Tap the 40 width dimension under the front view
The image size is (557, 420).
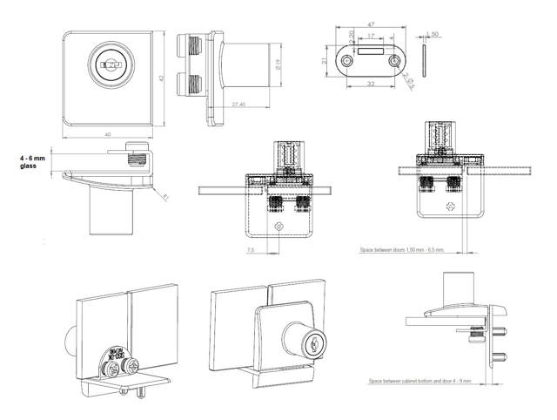click(x=107, y=135)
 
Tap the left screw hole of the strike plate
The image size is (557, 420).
click(x=348, y=60)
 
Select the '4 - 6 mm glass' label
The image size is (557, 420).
click(x=33, y=163)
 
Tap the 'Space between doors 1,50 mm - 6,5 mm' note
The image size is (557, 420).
click(x=403, y=248)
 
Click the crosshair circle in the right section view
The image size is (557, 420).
click(x=451, y=207)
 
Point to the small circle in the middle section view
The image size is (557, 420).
click(x=278, y=226)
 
